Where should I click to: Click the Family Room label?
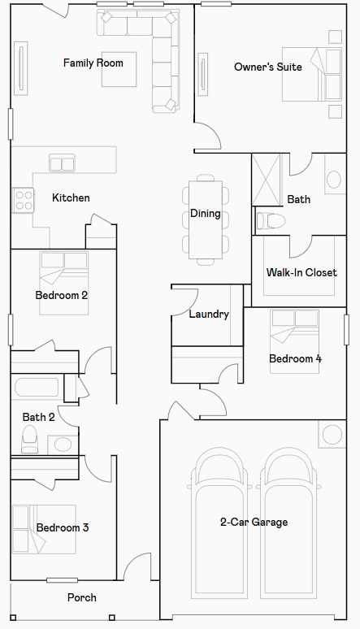[x=93, y=63]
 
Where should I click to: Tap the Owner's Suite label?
[x=268, y=67]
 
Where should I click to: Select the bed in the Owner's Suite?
[x=312, y=75]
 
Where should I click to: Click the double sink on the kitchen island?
[x=62, y=163]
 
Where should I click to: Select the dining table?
[x=205, y=219]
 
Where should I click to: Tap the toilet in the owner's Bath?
[x=271, y=220]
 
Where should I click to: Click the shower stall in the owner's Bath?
[x=267, y=179]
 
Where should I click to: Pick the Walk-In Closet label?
[x=301, y=272]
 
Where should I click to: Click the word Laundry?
[x=209, y=314]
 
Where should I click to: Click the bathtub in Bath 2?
[x=37, y=387]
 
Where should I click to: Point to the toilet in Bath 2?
[x=30, y=438]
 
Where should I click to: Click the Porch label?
[x=81, y=597]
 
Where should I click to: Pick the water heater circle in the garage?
[x=332, y=434]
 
